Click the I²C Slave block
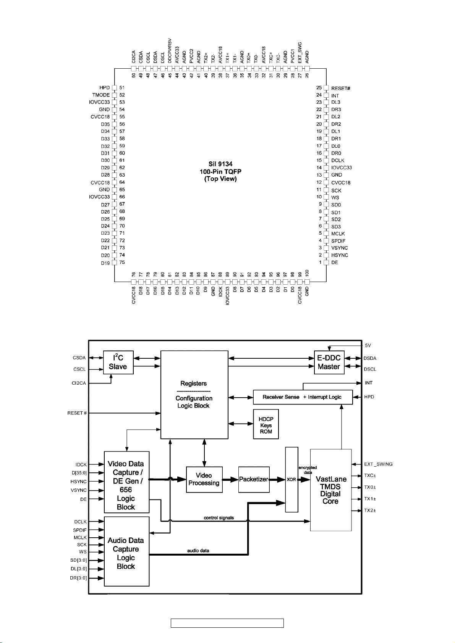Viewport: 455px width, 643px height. pos(118,362)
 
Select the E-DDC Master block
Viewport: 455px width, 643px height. pos(329,362)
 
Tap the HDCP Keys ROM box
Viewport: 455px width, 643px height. pos(266,425)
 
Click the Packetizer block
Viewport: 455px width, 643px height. pos(254,479)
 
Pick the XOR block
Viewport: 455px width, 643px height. pos(291,479)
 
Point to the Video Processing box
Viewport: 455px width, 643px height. pos(204,479)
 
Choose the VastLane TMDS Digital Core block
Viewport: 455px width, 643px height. pos(330,490)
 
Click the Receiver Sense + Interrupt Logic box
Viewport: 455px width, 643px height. pos(303,397)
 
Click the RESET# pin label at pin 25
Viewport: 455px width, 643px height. pos(340,88)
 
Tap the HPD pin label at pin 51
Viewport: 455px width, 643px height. pos(104,88)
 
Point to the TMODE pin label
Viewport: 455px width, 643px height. pos(101,95)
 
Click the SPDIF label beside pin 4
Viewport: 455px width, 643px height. pos(338,241)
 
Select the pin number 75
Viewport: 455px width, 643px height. pos(122,262)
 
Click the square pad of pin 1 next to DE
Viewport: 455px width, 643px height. pos(326,262)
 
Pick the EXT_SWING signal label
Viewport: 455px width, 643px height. pos(378,464)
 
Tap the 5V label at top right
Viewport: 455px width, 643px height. pos(368,345)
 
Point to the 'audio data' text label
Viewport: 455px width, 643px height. pos(198,551)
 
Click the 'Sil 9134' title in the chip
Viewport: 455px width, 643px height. pos(220,164)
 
